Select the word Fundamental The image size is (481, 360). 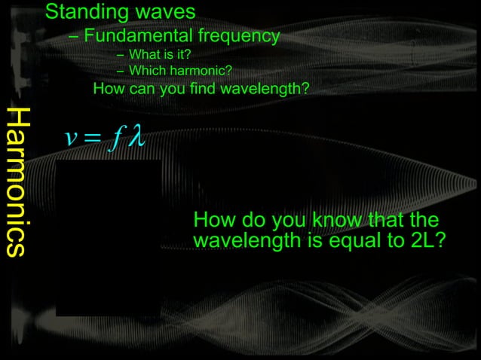(140, 35)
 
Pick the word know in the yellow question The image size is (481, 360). (339, 221)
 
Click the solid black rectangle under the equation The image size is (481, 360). (108, 237)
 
